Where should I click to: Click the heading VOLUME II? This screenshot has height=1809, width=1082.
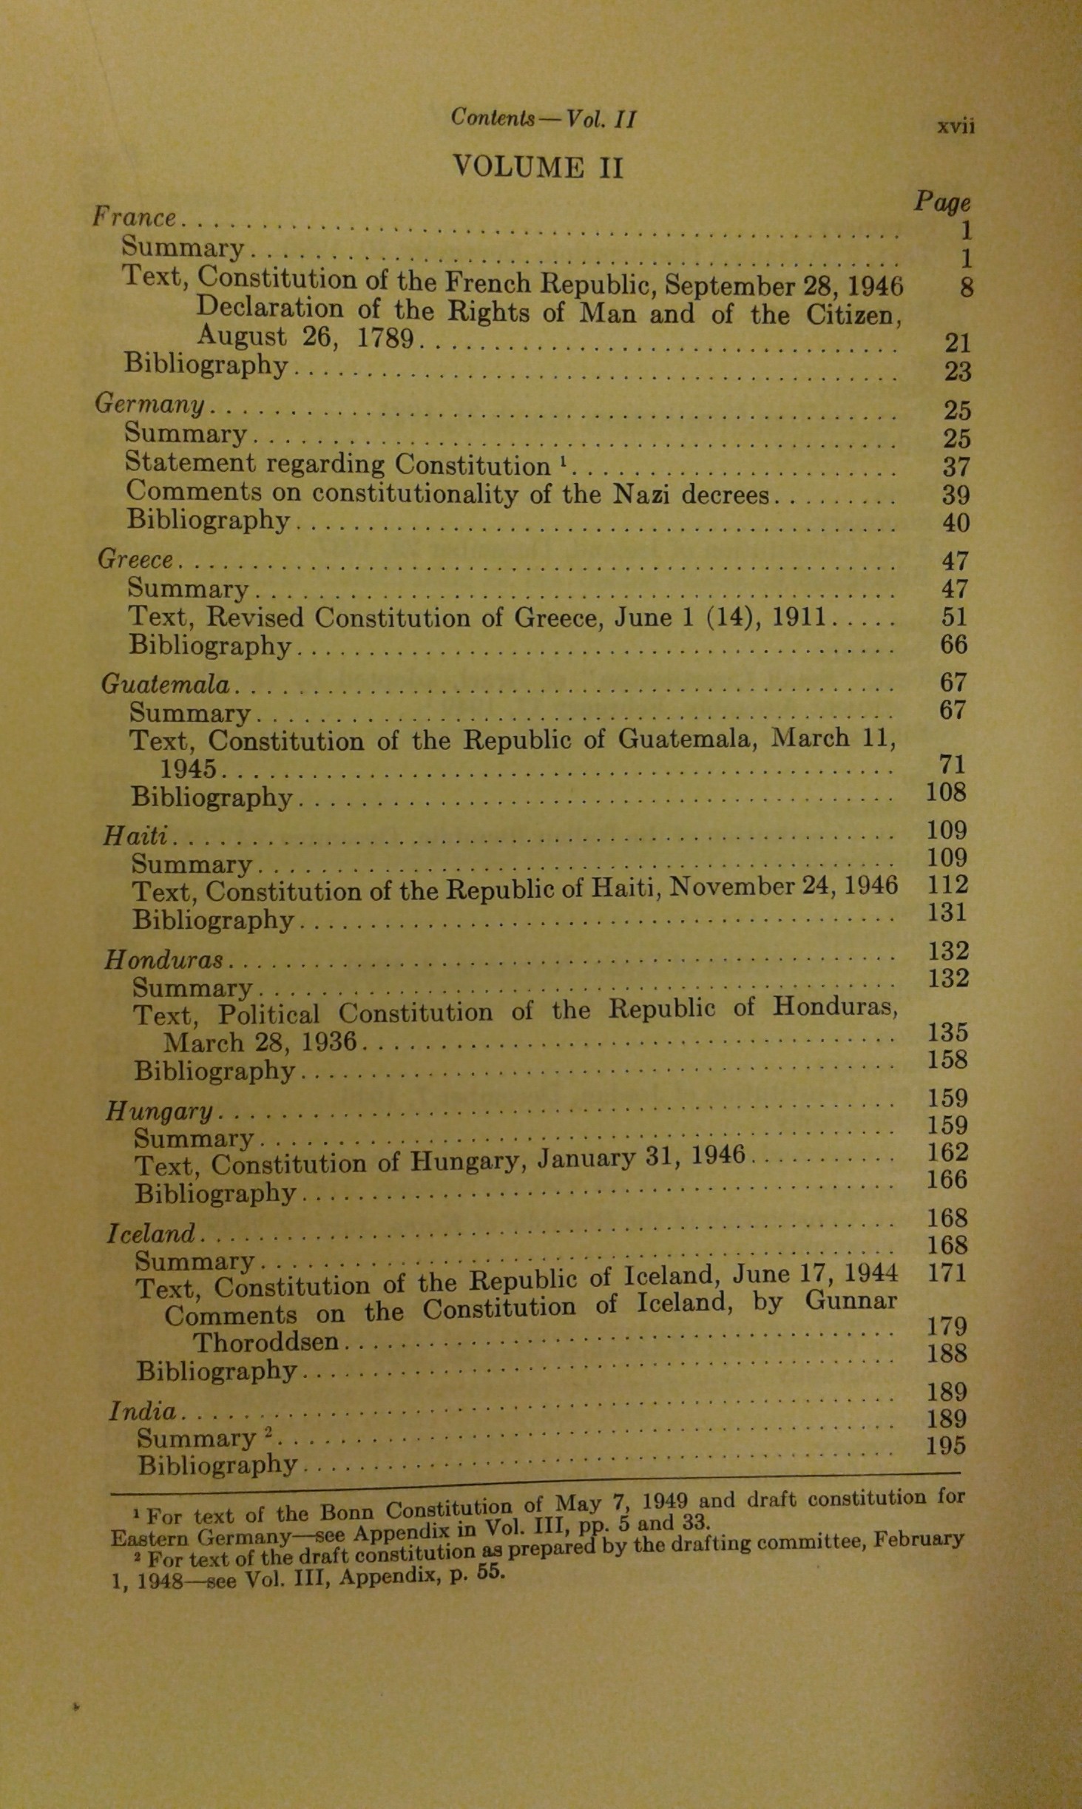(x=538, y=167)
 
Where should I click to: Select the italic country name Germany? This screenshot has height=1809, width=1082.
(x=150, y=405)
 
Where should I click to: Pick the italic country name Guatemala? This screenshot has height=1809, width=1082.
(x=166, y=684)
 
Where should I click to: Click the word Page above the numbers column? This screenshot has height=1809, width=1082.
(x=942, y=202)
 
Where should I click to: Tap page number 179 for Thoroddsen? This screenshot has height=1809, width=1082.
(x=947, y=1326)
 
